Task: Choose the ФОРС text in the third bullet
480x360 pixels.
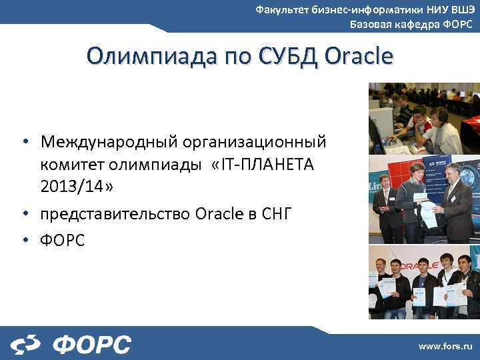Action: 63,240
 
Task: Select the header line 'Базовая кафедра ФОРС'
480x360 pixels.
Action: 411,25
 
